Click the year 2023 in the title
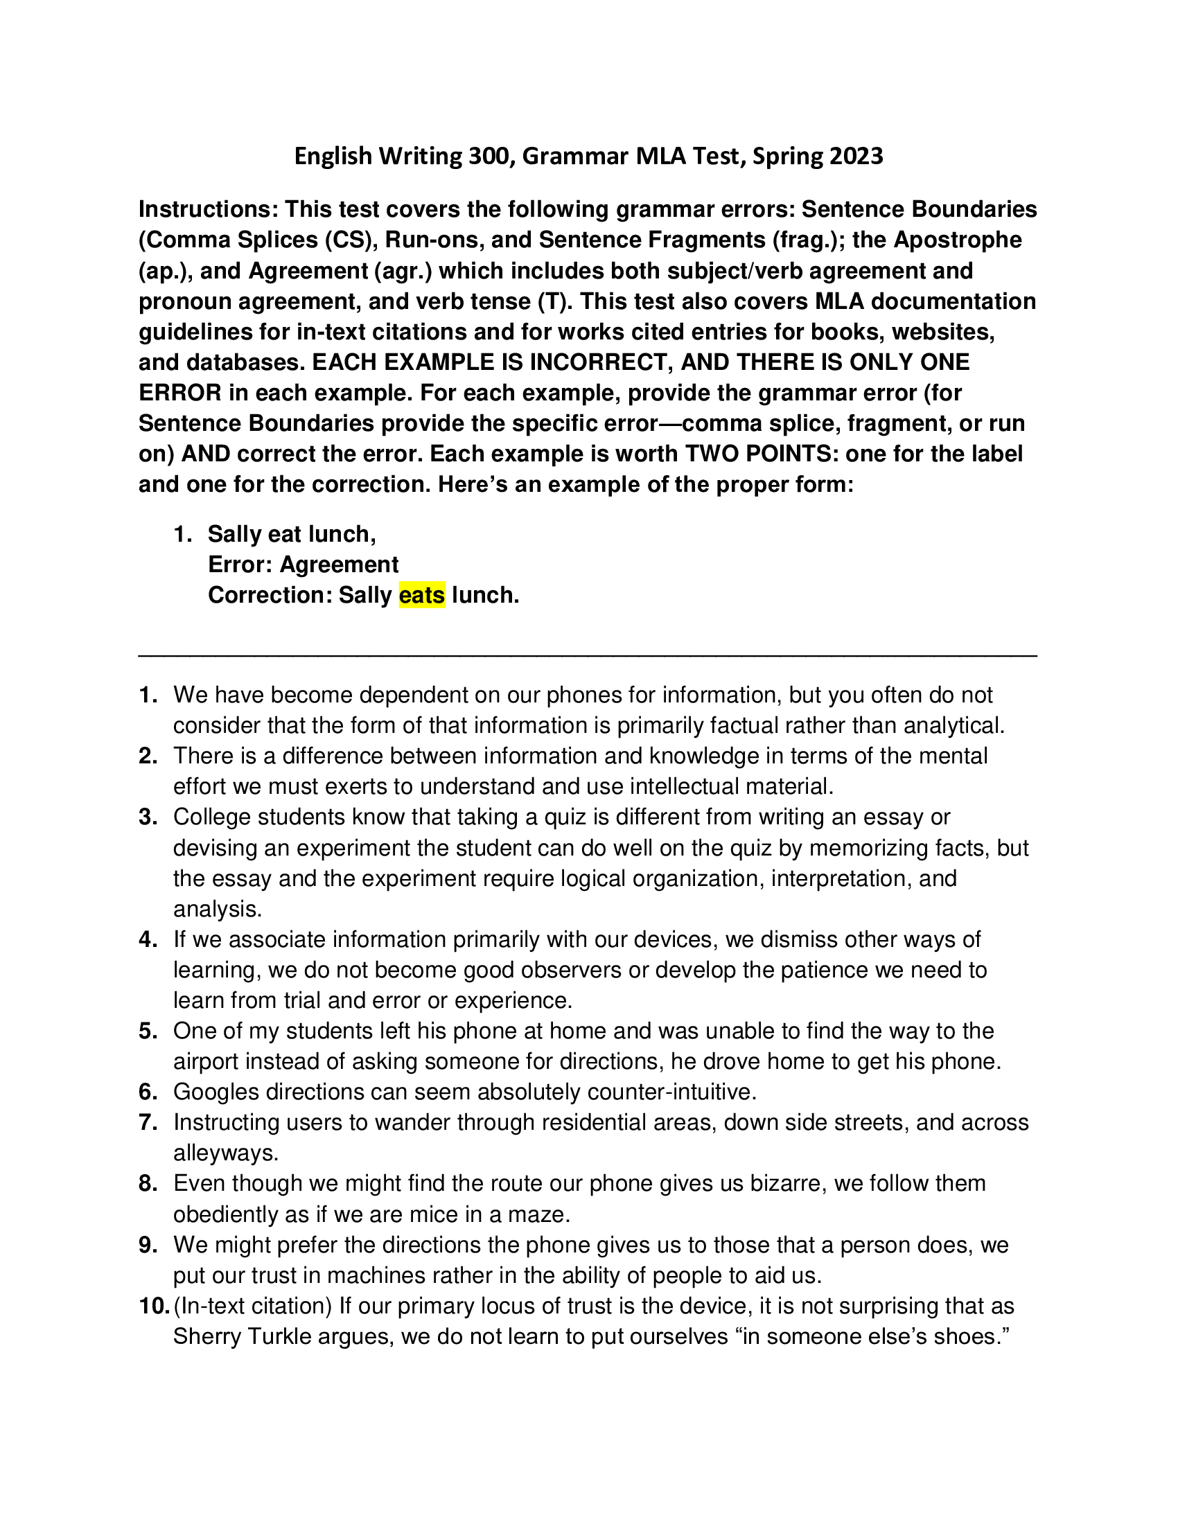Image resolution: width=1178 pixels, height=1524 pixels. click(856, 156)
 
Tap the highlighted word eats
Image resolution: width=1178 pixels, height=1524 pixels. click(421, 595)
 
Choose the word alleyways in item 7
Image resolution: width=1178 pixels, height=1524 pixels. click(225, 1153)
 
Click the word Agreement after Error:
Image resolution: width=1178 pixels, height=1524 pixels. click(339, 565)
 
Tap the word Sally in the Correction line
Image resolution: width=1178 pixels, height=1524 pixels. click(365, 595)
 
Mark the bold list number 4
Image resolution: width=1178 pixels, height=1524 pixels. click(148, 939)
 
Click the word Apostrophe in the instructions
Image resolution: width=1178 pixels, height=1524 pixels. click(957, 240)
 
